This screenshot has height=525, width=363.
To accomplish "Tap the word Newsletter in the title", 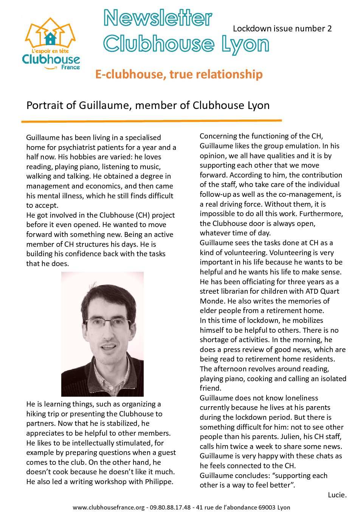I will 158,18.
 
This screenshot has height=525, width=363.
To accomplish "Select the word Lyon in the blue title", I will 245,45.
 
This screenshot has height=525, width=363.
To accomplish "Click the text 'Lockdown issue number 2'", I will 282,29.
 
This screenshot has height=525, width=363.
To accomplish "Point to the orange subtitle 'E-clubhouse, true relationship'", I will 179,74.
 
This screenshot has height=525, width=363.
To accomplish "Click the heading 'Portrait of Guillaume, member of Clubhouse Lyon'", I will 148,105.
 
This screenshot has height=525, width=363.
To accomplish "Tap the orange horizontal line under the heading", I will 151,121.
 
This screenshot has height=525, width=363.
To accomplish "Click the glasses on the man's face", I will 108,323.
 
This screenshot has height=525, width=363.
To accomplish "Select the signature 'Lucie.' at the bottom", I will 337,495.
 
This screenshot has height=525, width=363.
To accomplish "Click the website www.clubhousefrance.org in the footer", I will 109,507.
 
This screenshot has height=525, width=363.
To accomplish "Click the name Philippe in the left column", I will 159,481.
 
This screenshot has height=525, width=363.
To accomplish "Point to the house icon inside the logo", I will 50,38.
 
